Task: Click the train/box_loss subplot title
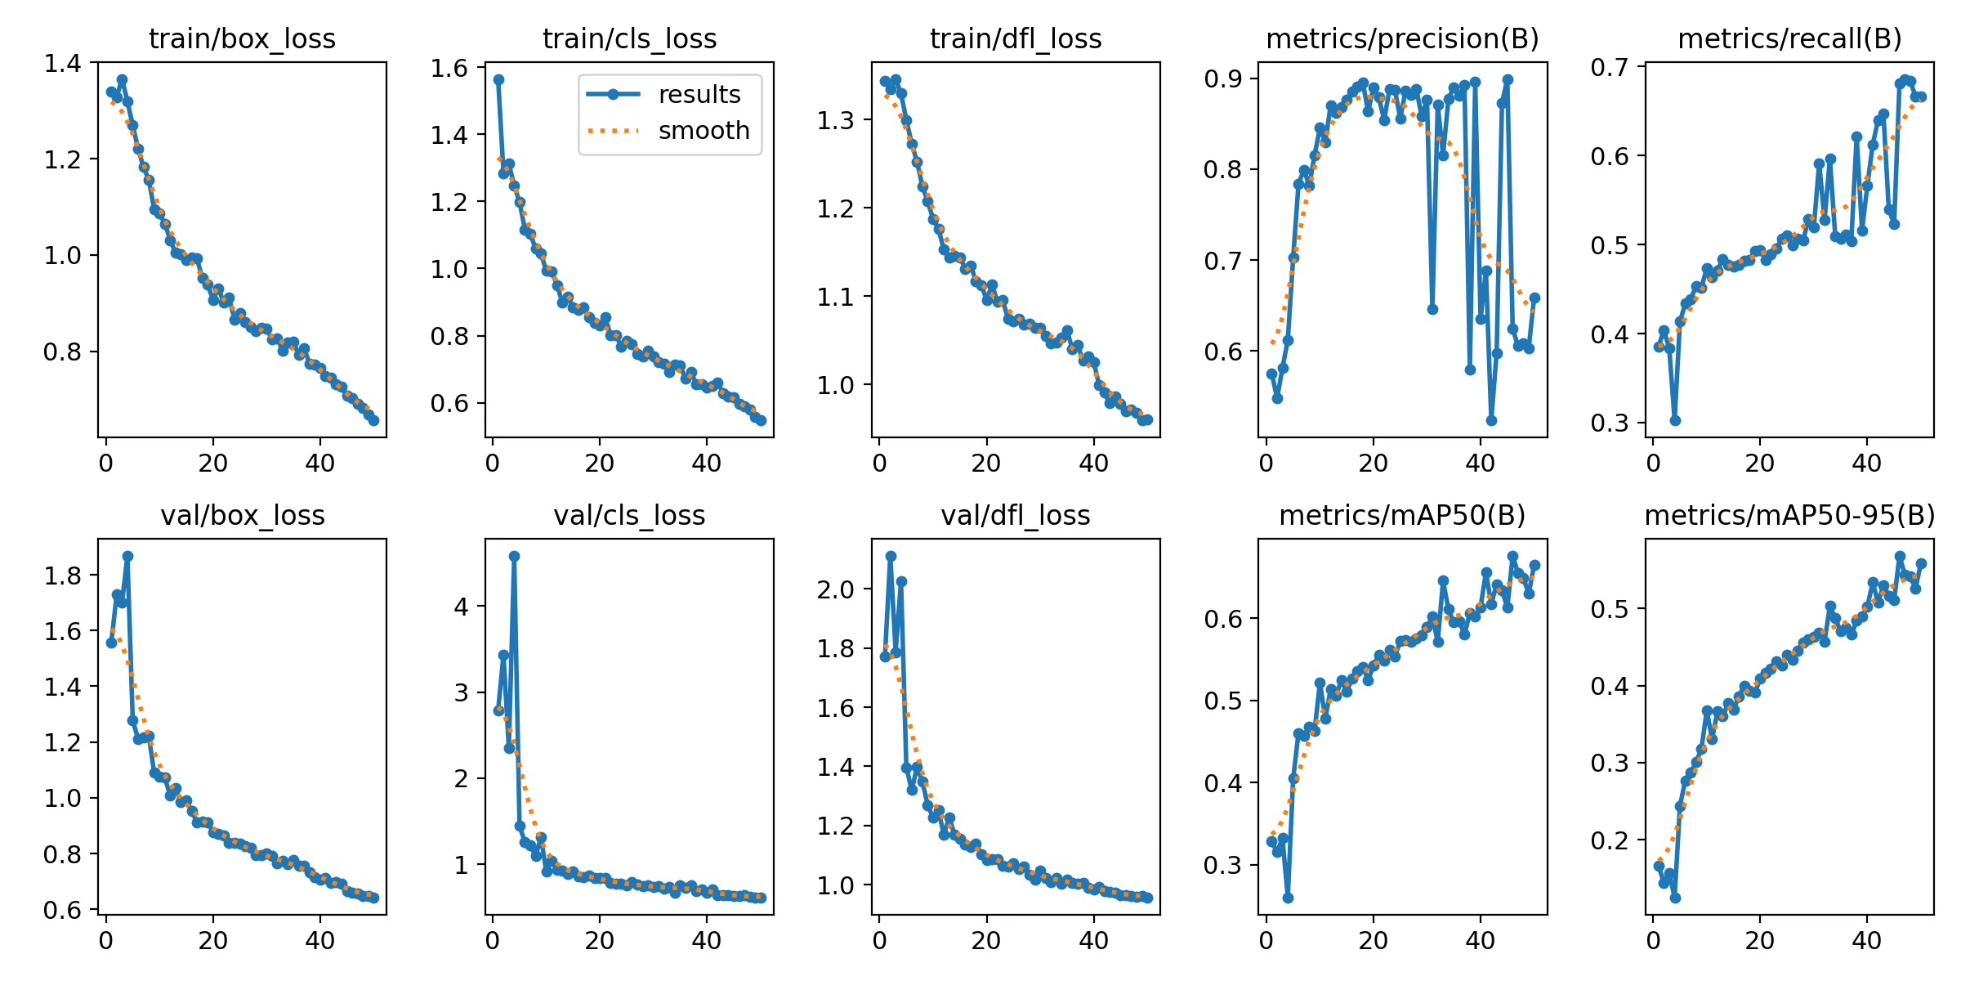point(242,38)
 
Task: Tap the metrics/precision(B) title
point(1402,38)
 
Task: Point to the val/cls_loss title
point(629,515)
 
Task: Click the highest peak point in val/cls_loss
point(514,556)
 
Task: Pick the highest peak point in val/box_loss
point(127,556)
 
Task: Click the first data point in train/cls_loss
point(498,79)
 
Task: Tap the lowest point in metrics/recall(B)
point(1675,420)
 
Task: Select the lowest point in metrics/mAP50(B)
point(1288,898)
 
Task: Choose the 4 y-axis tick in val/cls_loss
point(460,607)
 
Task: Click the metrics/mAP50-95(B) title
point(1789,515)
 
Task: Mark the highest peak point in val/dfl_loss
point(891,556)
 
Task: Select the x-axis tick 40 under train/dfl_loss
point(1093,464)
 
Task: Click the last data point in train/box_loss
point(373,420)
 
